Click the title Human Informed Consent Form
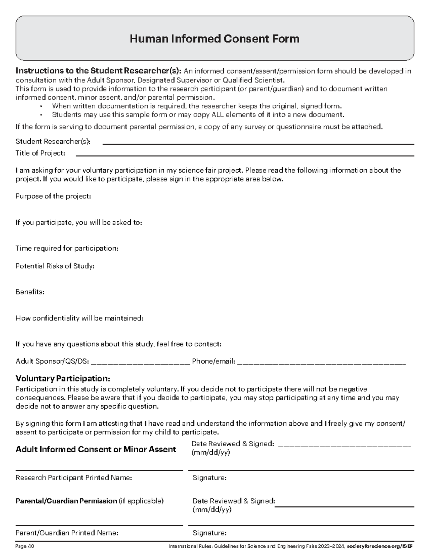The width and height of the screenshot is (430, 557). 214,39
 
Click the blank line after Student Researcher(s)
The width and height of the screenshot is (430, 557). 258,144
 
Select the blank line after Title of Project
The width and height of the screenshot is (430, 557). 245,156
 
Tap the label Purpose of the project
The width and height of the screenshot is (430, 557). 53,196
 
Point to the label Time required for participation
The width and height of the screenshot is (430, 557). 67,248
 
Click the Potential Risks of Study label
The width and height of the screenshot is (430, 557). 55,266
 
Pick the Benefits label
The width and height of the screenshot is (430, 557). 30,292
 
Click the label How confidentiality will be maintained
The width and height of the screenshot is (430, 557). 79,318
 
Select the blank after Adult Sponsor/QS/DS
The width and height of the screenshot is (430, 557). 140,362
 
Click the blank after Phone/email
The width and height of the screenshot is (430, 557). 321,362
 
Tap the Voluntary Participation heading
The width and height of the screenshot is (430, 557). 63,379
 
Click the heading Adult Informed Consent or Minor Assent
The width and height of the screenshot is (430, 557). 96,449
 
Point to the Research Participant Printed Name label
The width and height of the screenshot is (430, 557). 73,478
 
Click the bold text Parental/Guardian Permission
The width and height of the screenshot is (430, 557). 66,501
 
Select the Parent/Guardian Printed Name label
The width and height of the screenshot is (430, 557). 67,533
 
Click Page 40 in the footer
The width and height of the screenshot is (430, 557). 25,547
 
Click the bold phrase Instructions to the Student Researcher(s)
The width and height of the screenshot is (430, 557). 99,71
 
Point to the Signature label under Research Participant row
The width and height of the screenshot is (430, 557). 209,478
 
